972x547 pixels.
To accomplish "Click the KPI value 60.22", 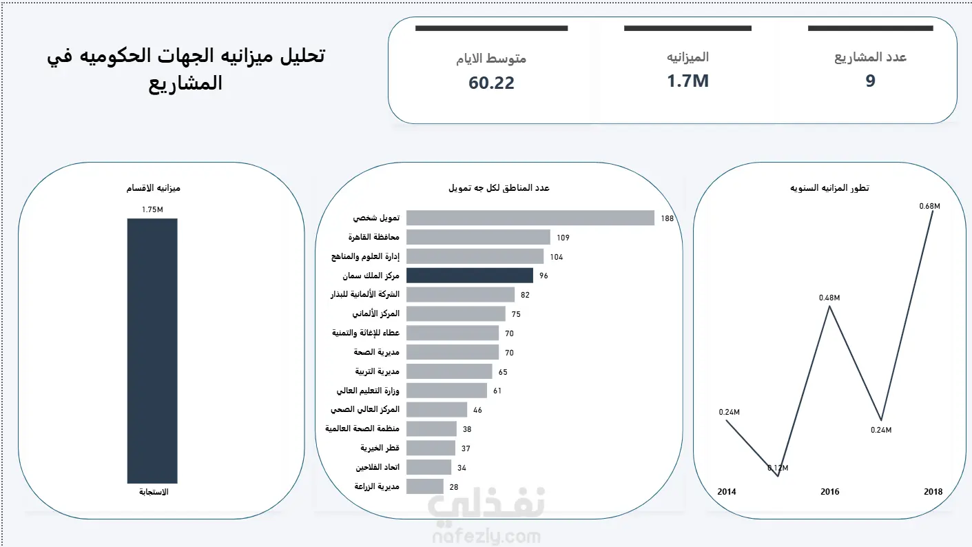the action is [491, 83].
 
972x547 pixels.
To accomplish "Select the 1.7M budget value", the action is [687, 81].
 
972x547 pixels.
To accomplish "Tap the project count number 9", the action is [871, 81].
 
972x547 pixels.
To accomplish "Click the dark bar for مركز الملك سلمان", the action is [470, 276].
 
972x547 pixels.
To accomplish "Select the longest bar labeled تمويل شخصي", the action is [530, 218].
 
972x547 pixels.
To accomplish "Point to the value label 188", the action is [668, 218].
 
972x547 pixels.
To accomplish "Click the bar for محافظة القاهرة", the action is [478, 237].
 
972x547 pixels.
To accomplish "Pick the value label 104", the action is [557, 257].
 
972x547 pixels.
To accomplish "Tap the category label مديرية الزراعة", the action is [377, 486].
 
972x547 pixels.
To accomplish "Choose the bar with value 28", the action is [425, 486].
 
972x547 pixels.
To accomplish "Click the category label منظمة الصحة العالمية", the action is [362, 429].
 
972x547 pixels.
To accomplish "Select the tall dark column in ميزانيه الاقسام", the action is [152, 351].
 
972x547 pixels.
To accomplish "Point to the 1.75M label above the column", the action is [152, 209].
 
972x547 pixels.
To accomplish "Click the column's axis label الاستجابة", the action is [154, 492].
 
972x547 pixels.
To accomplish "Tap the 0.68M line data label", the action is [929, 206].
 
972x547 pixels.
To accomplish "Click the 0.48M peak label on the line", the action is [829, 298].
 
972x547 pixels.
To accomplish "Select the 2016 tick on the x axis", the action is [829, 491].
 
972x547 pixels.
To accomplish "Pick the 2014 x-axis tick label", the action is [726, 491].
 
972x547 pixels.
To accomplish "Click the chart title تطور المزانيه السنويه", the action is [829, 188].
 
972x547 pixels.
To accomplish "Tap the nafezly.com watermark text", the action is [487, 537].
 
